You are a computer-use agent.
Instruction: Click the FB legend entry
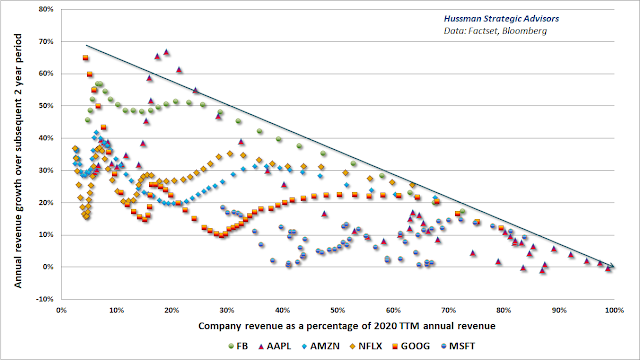click(238, 346)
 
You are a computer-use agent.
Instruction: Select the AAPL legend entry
click(275, 346)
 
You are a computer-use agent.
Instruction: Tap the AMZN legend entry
click(321, 346)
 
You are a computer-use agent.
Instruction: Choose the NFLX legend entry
click(366, 346)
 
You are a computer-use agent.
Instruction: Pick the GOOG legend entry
click(411, 346)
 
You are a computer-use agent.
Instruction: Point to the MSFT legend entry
click(458, 346)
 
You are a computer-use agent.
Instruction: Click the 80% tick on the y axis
click(46, 9)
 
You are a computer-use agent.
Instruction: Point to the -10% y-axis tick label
click(45, 299)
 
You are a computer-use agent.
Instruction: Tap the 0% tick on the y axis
click(48, 267)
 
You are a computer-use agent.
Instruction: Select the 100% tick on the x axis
click(614, 311)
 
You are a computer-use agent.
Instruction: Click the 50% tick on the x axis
click(338, 311)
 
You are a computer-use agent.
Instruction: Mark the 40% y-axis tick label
click(46, 138)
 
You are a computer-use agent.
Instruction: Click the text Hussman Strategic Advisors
click(501, 19)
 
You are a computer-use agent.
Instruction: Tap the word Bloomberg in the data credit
click(524, 31)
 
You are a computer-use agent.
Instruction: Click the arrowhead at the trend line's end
click(611, 266)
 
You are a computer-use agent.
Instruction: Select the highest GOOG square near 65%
click(85, 58)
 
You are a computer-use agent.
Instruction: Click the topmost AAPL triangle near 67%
click(166, 52)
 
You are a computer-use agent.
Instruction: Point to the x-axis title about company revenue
click(347, 326)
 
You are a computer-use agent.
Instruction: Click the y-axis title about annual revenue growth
click(18, 161)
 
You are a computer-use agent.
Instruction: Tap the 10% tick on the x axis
click(116, 311)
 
